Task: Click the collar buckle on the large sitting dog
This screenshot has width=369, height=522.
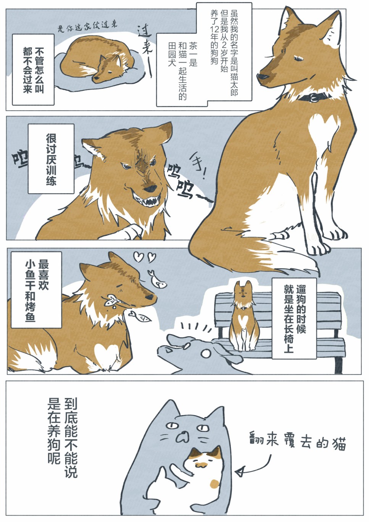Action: point(314,97)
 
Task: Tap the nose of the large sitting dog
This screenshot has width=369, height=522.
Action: point(262,76)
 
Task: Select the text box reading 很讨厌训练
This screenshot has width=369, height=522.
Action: point(51,159)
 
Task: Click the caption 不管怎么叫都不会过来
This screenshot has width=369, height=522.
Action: point(33,70)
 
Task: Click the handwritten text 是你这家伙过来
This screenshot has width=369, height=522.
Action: point(87,26)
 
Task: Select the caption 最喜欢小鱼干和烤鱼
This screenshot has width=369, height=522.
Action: point(37,290)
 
